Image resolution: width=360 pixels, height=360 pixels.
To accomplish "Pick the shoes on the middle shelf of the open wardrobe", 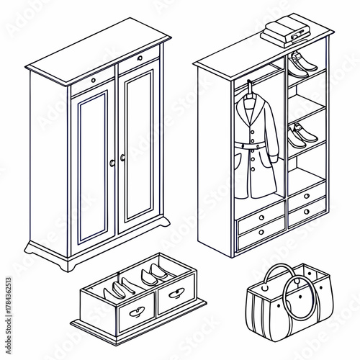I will click(298, 135).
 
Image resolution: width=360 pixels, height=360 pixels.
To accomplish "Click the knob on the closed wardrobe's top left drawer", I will click(94, 80).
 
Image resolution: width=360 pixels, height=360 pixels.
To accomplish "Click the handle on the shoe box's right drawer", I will click(176, 294).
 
